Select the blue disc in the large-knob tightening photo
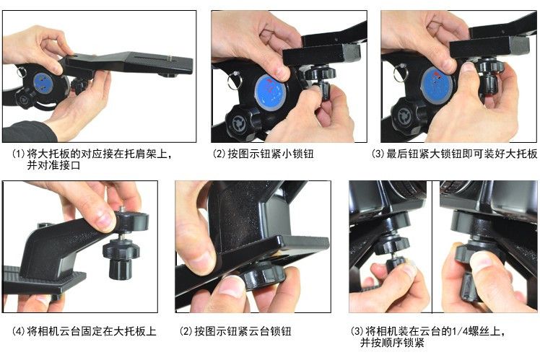pos(437,85)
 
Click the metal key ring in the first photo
pos(21,72)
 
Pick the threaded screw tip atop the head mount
pos(122,210)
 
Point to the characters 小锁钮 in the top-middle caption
pos(297,154)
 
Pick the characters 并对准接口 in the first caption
pos(53,165)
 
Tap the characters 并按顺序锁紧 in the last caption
pos(392,343)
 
